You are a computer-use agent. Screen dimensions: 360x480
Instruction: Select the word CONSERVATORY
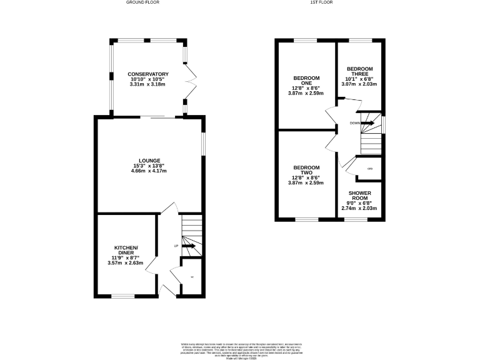(148, 74)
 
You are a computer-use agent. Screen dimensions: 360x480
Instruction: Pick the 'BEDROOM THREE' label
(359, 71)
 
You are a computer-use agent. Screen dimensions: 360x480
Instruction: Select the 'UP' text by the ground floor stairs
(176, 246)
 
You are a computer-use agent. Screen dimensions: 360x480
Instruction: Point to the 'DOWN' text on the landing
(354, 123)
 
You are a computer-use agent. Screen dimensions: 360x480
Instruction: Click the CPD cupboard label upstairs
(370, 169)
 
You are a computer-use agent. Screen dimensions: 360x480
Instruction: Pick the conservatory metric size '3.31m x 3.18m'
(148, 84)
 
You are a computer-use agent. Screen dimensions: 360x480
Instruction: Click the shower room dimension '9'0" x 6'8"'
(359, 202)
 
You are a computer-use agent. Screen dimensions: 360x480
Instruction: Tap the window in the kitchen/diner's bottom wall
(122, 295)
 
